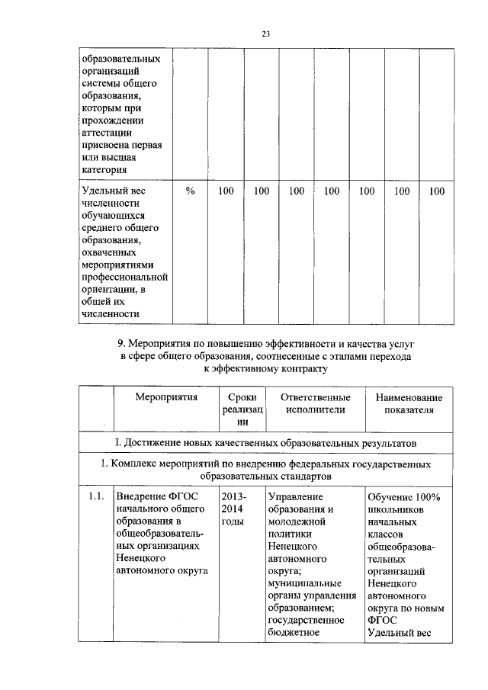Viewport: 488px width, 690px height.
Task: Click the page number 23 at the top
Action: pos(245,34)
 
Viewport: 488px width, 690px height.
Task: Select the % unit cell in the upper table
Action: pos(190,191)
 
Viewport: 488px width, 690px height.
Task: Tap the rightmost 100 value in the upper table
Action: pos(436,191)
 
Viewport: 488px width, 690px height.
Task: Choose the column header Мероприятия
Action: pos(166,398)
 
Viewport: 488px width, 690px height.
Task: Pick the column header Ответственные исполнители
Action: pos(315,403)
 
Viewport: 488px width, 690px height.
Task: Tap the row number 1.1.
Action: pos(95,497)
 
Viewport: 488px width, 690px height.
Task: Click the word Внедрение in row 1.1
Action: pos(143,497)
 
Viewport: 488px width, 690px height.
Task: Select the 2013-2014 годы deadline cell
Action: pos(233,509)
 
